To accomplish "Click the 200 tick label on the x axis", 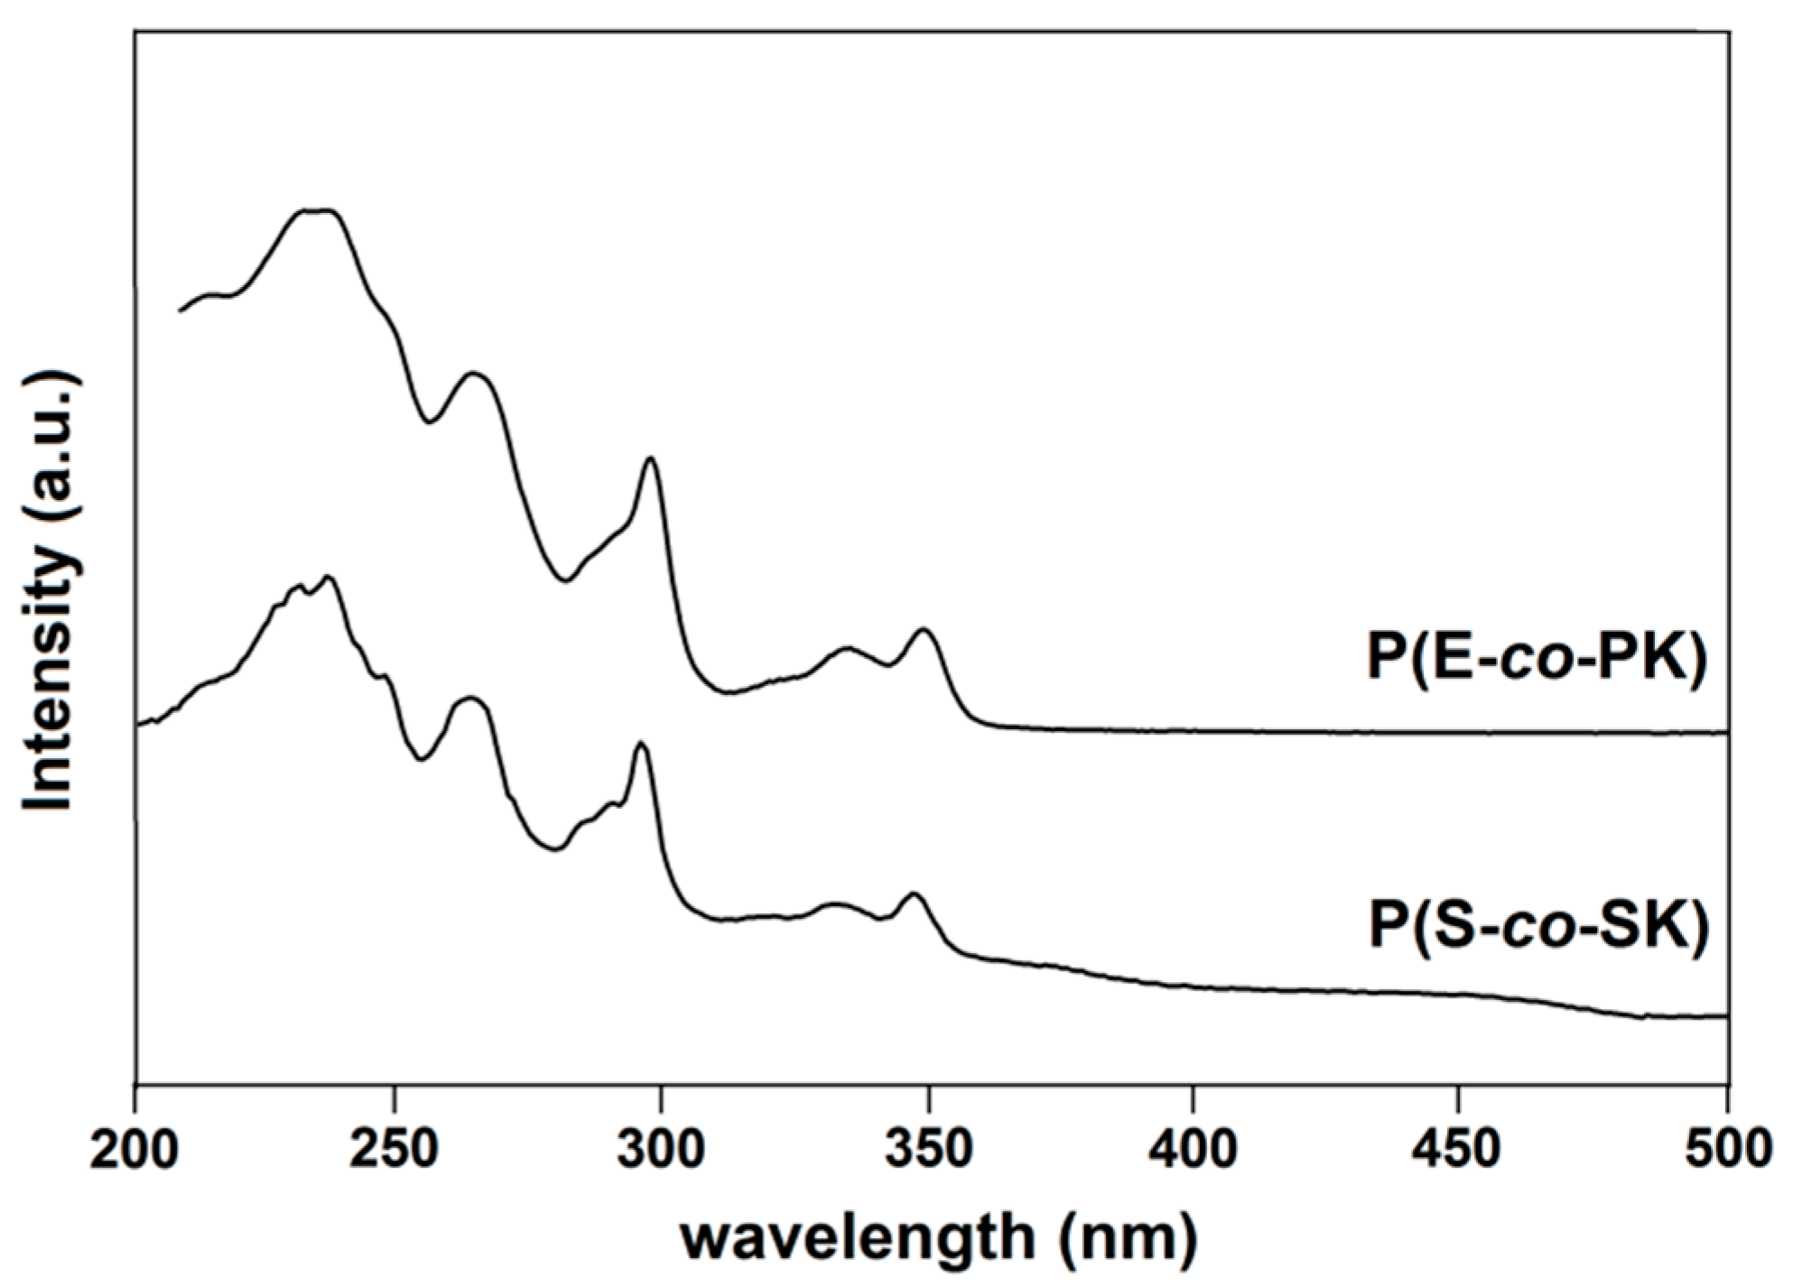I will coord(135,1151).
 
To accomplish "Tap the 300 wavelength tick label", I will coord(663,1151).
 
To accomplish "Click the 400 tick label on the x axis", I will coord(1194,1151).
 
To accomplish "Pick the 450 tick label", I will coord(1459,1151).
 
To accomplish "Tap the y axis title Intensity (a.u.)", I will coord(51,591).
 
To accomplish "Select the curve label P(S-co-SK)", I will coord(1538,928).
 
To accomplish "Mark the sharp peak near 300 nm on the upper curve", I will coord(650,459).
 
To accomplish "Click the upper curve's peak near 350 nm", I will coord(924,629).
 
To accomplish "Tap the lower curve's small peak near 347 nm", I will coord(913,893).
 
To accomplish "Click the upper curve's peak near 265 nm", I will coord(472,373).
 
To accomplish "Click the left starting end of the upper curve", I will coord(180,310).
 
